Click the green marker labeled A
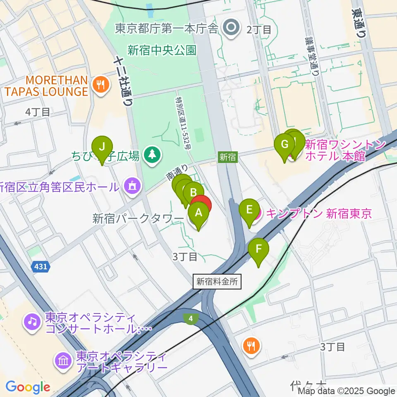pos(198,213)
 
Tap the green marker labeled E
pos(249,210)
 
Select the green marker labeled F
pos(259,249)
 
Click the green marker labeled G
pos(285,145)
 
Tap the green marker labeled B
pos(193,193)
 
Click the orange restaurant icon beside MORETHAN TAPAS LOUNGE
pos(101,86)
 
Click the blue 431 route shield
pos(41,267)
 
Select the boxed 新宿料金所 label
pos(217,282)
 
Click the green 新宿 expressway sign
pos(227,157)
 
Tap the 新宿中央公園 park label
pos(161,51)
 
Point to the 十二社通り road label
pos(124,81)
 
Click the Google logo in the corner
pos(28,387)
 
